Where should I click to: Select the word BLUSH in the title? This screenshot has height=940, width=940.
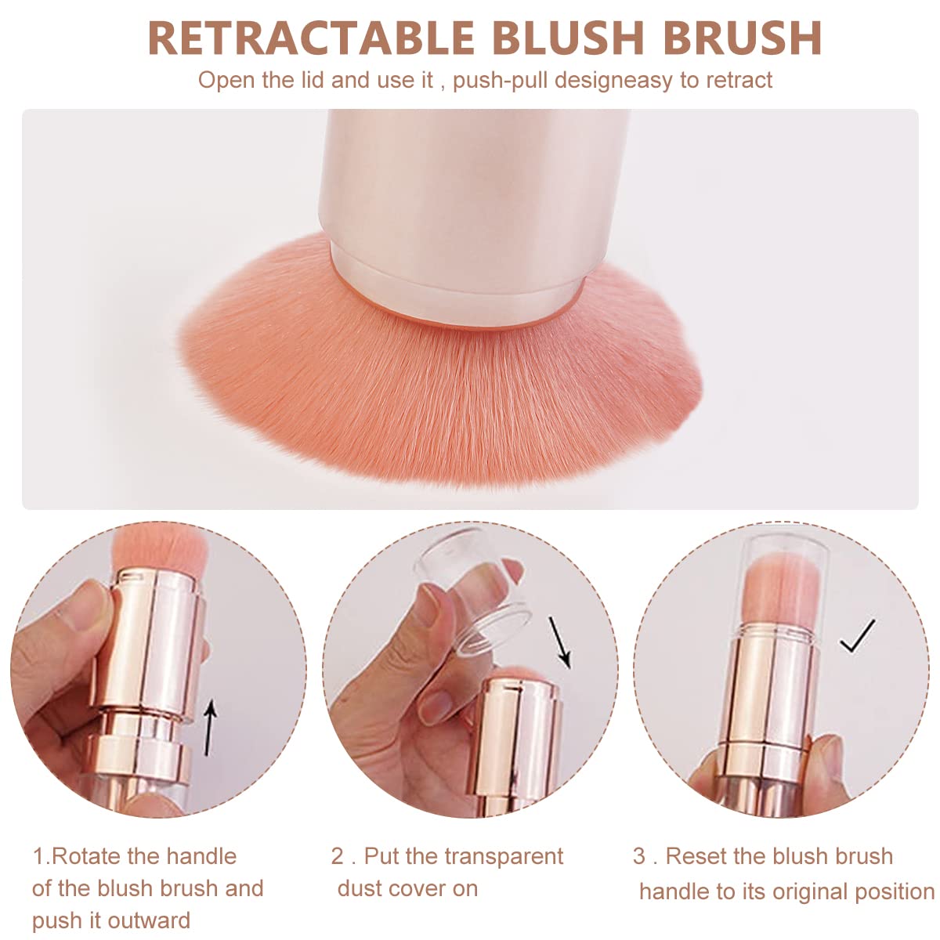click(x=569, y=38)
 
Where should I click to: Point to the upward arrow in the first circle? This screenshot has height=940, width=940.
click(x=209, y=728)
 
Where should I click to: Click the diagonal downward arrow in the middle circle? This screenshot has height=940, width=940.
click(x=560, y=642)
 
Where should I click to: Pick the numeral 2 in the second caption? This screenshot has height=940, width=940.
click(x=338, y=856)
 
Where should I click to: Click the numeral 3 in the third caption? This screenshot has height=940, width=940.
click(x=639, y=856)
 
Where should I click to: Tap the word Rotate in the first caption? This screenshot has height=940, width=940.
click(x=86, y=856)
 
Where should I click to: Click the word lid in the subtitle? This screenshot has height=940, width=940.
click(x=313, y=81)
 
